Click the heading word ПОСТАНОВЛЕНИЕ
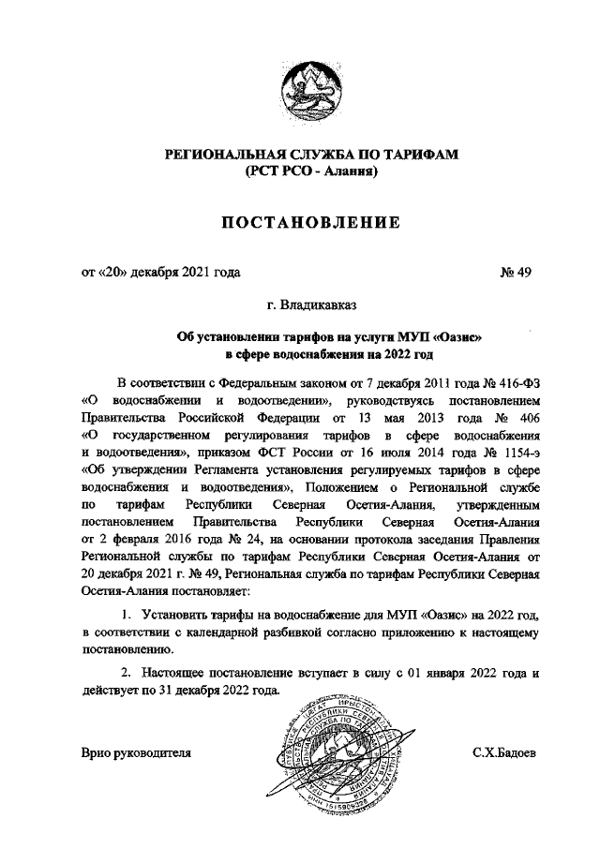(x=310, y=222)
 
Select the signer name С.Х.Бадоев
(x=505, y=752)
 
